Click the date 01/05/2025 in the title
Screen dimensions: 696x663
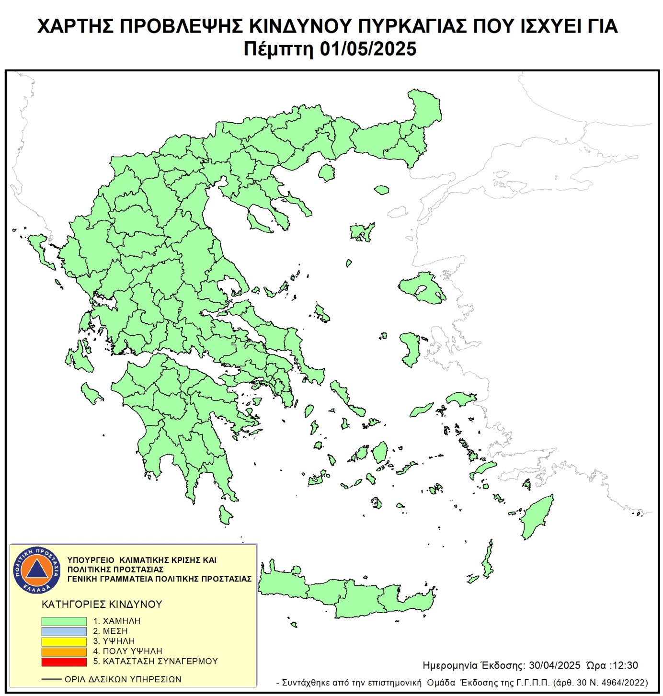[x=368, y=49]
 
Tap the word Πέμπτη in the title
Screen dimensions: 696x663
[x=278, y=49]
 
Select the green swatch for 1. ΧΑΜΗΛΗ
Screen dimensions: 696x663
[x=64, y=621]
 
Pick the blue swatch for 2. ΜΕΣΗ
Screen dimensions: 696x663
[x=64, y=631]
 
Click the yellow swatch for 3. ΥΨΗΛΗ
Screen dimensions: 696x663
[x=64, y=641]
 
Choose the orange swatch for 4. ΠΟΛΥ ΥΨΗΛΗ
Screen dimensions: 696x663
[x=64, y=651]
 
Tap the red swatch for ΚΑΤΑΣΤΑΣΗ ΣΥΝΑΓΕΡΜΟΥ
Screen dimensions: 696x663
[x=64, y=662]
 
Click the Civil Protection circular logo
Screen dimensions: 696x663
[x=37, y=570]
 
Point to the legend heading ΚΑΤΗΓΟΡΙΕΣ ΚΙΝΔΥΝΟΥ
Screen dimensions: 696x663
[x=102, y=605]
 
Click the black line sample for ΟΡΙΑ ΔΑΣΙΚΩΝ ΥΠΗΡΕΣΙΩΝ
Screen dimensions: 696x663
[x=51, y=679]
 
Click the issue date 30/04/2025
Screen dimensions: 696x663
[x=554, y=665]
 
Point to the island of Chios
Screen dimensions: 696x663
[x=411, y=349]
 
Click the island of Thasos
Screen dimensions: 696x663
[x=327, y=172]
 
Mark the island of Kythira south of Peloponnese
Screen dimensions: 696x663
[x=225, y=515]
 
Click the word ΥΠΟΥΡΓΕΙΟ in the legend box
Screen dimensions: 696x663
[x=91, y=560]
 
